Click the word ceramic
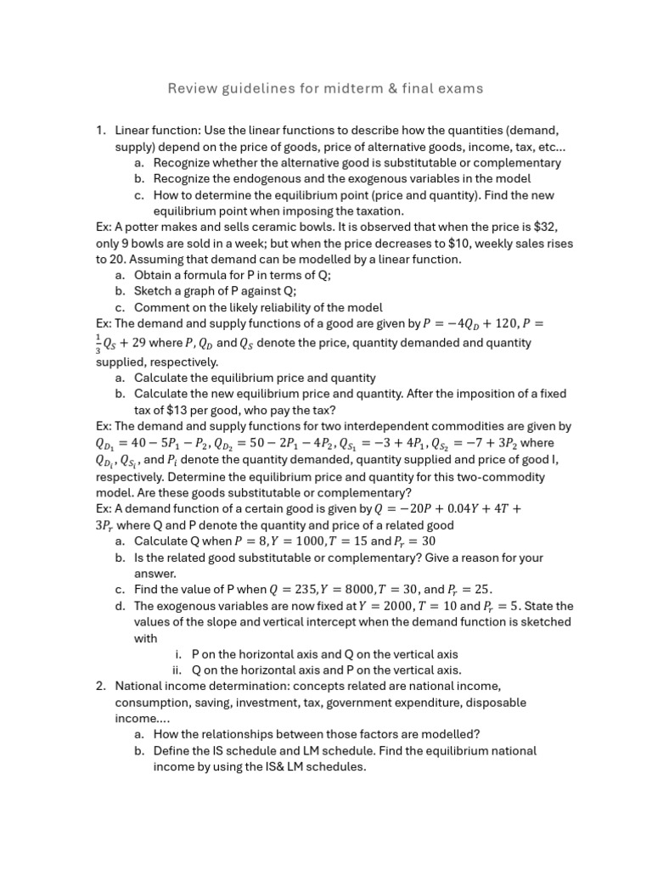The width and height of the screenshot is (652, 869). (275, 227)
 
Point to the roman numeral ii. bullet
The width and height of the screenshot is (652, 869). (177, 670)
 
